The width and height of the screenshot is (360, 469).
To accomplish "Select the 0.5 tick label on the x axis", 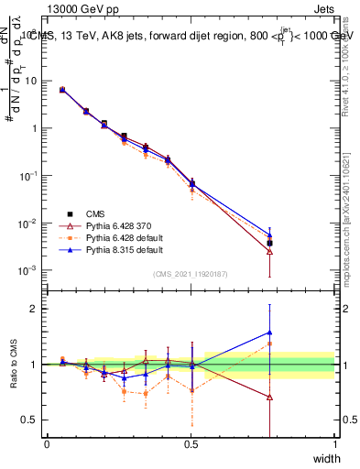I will point(191,443).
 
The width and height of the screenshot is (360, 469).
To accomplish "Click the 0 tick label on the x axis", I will point(47,443).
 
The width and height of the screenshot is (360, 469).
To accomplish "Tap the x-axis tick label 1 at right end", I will point(335,443).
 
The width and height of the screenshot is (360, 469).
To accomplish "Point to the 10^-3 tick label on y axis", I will point(28,271).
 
